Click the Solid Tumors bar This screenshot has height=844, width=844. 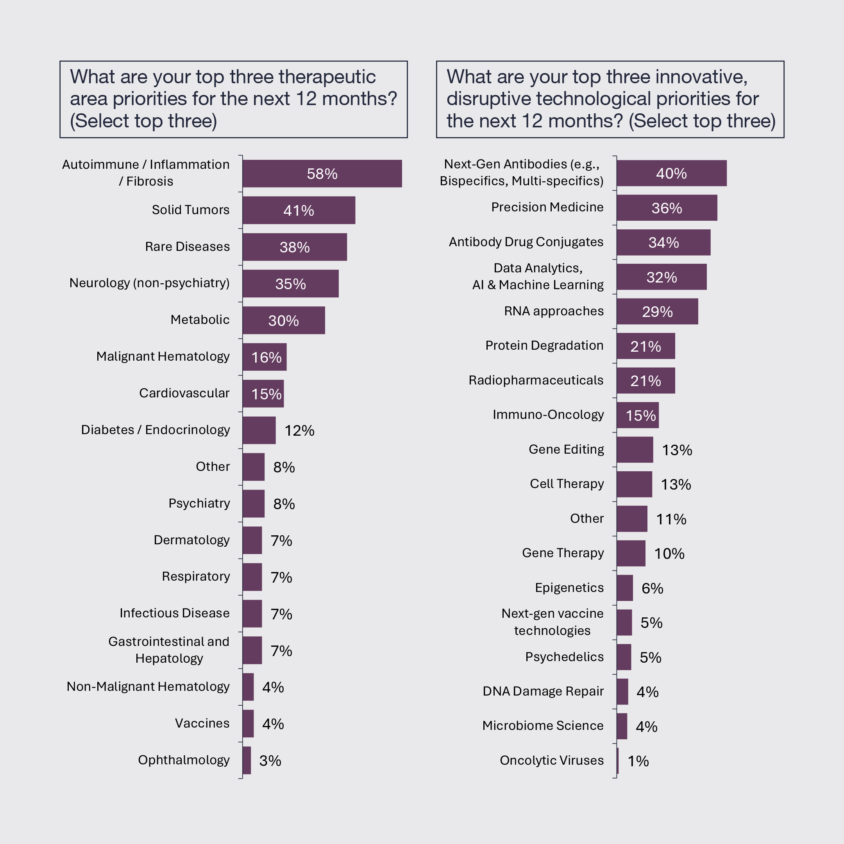pos(299,210)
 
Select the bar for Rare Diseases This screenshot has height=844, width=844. pos(295,247)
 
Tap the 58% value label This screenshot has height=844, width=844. pos(322,174)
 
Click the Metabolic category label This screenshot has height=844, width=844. pos(200,320)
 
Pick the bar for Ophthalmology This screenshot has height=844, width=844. pos(247,760)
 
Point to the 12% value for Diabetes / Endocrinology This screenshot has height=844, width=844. pos(299,431)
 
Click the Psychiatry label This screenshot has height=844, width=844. pos(199,503)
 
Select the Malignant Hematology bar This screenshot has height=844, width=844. pos(265,357)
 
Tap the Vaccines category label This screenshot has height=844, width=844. pos(202,723)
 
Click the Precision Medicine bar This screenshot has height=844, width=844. pos(667,208)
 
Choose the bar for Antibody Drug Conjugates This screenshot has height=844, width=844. pos(663,242)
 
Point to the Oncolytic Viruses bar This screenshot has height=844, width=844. pos(618,760)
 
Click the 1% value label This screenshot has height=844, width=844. pos(638,762)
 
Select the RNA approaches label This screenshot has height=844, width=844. pos(554,311)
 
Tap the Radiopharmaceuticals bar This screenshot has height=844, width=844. pos(646,381)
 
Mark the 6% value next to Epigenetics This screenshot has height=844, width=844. pos(652,588)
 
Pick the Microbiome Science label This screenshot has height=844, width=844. pos(543,726)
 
